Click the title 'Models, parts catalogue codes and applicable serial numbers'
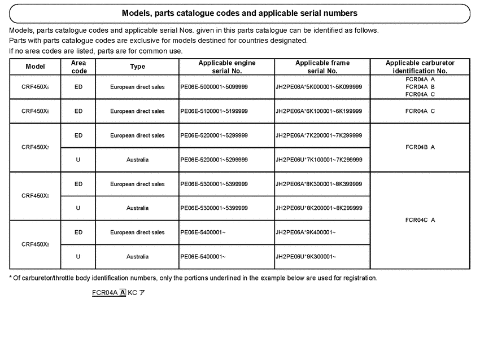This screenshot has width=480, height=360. pos(239,13)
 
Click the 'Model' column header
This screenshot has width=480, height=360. pos(35,67)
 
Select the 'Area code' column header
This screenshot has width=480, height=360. pos(78,67)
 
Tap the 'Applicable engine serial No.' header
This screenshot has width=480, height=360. pos(226,67)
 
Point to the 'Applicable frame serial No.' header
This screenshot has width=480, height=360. pos(322,67)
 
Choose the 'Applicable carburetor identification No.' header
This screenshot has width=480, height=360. pos(420,67)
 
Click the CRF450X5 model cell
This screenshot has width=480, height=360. pos(36,87)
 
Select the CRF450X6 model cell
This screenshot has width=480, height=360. pos(36,111)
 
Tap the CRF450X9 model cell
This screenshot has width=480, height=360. pos(36,244)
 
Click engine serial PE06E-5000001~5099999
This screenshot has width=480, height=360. pos(214,87)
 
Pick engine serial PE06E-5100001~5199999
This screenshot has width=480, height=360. pos(214,111)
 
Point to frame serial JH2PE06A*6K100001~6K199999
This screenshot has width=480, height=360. pos(318,111)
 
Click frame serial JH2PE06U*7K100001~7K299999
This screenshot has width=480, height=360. pos(318,160)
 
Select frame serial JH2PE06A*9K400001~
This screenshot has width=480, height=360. pos(306,232)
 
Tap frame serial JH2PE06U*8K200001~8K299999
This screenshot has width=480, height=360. pos(318,208)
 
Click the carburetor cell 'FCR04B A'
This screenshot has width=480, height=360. pos(420,147)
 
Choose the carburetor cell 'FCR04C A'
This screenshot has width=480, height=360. pos(420,220)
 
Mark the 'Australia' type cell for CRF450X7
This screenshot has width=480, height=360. pos(137,160)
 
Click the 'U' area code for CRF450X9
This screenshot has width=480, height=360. pos(78,257)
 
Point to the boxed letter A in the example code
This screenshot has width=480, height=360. pos(123,293)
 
